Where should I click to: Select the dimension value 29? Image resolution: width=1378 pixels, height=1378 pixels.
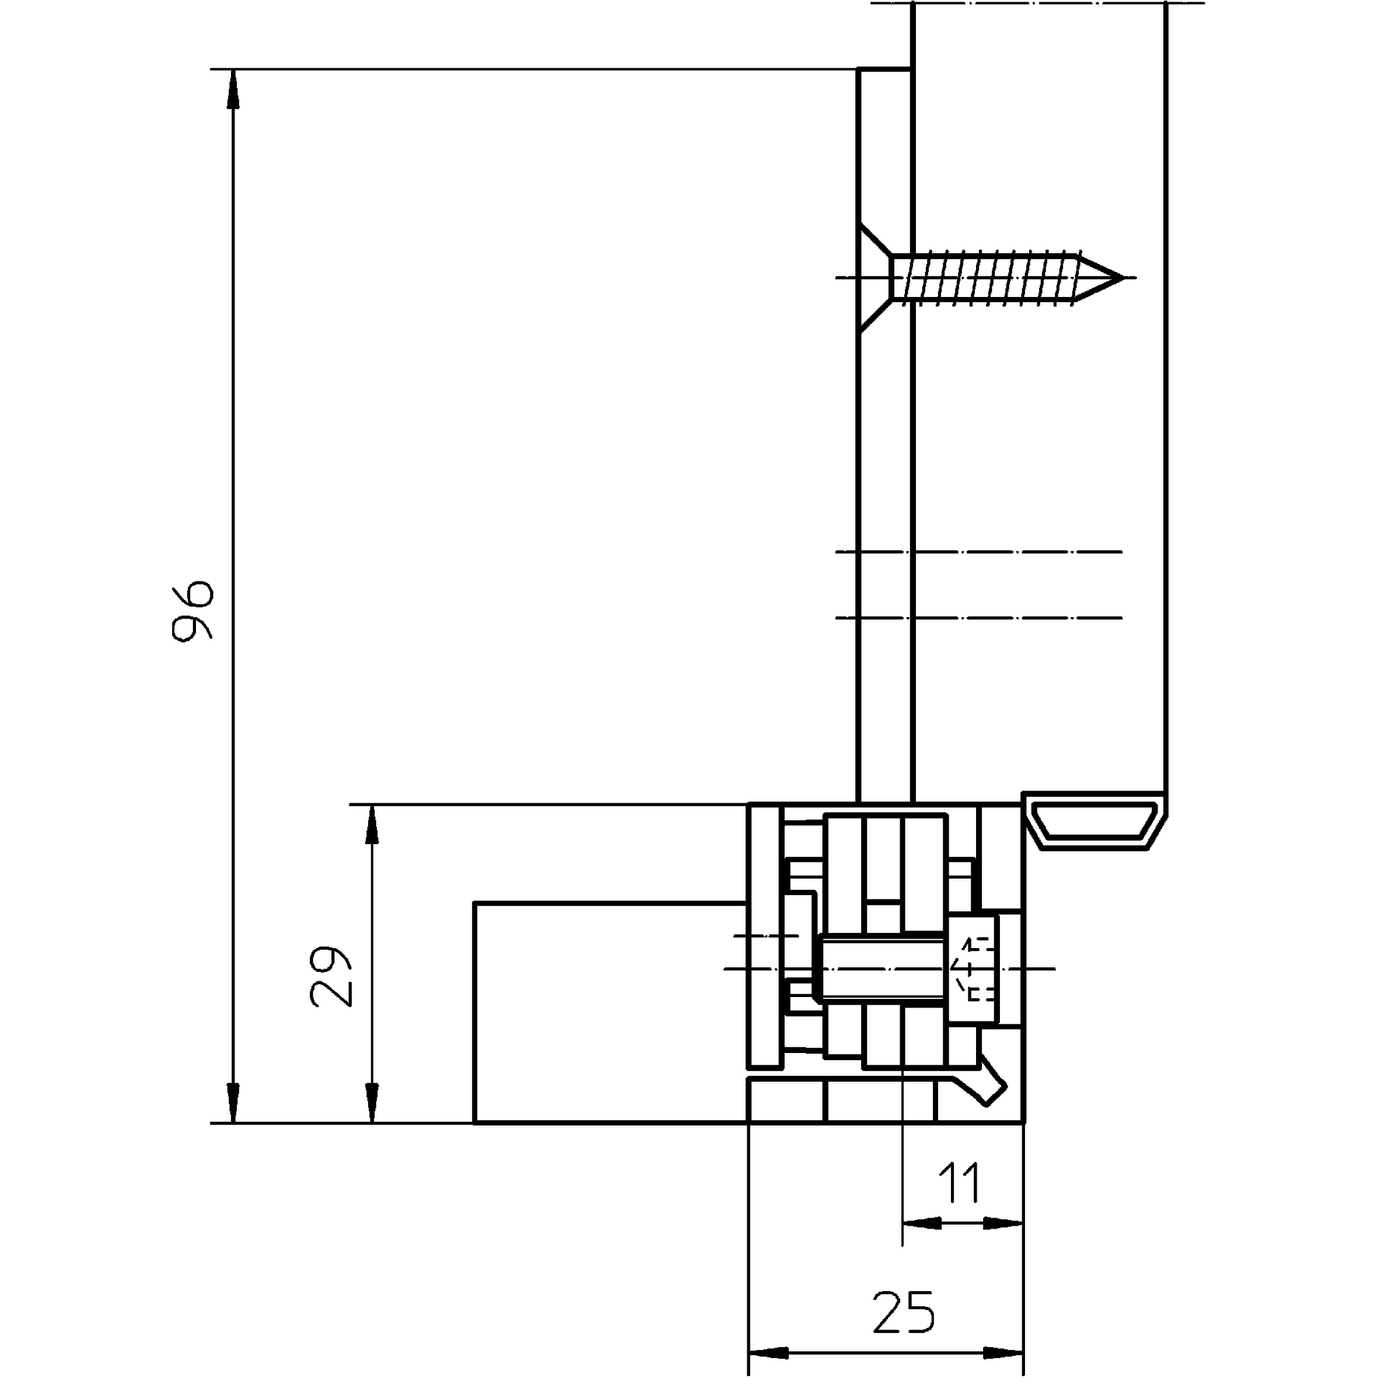[x=331, y=977]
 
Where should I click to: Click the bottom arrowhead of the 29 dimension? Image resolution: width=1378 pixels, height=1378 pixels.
[x=372, y=1103]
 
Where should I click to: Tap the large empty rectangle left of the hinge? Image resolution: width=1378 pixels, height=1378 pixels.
[x=611, y=1013]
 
